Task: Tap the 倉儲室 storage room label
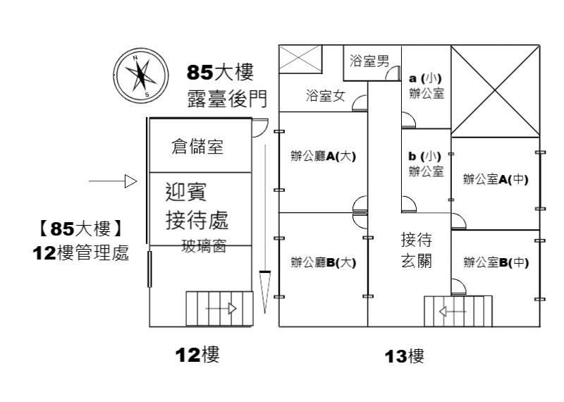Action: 197,147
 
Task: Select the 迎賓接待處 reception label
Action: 196,205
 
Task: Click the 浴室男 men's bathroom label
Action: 369,61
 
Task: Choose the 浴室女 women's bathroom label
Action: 325,96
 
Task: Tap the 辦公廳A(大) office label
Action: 324,157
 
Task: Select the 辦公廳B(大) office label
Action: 324,263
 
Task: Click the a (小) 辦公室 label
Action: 427,85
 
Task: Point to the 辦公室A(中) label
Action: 496,179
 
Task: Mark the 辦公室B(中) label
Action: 496,263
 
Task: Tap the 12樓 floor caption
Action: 197,355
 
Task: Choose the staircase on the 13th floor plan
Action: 458,310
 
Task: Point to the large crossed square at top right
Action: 495,92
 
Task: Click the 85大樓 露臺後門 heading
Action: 221,85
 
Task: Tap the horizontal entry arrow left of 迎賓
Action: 112,182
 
